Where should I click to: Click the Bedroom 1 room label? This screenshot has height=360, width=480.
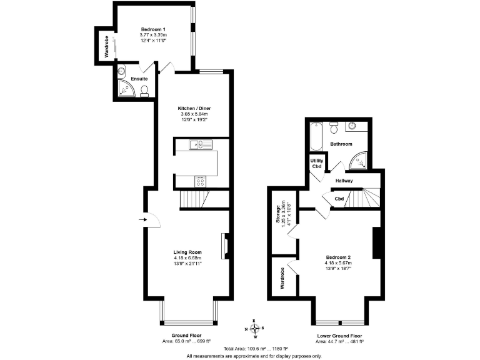coord(152,29)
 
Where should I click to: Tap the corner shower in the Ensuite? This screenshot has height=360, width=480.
coord(126,89)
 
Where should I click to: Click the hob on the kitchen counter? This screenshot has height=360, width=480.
coord(201,181)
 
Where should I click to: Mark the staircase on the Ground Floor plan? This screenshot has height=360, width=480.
coord(192,199)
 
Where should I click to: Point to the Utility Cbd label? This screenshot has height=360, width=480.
coord(317,163)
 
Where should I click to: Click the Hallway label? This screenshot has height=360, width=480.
coord(344,181)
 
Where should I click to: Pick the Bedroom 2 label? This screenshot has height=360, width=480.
coord(338,257)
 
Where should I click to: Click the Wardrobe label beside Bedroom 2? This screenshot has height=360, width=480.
coord(282,277)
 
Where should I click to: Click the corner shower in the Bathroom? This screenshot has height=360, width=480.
coord(358,161)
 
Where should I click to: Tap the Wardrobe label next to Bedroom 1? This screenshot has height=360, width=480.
coord(106,46)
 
